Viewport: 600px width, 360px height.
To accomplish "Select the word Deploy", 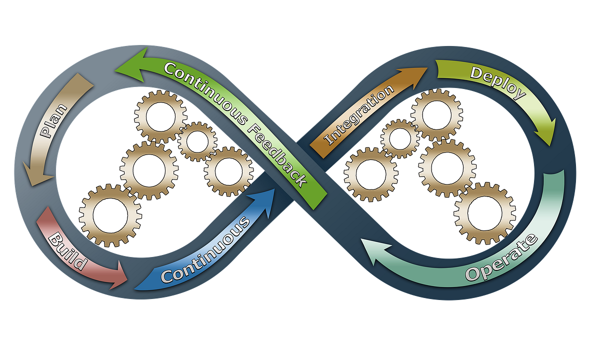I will tap(498, 83).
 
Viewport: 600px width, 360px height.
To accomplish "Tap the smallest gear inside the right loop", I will tap(399, 139).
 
